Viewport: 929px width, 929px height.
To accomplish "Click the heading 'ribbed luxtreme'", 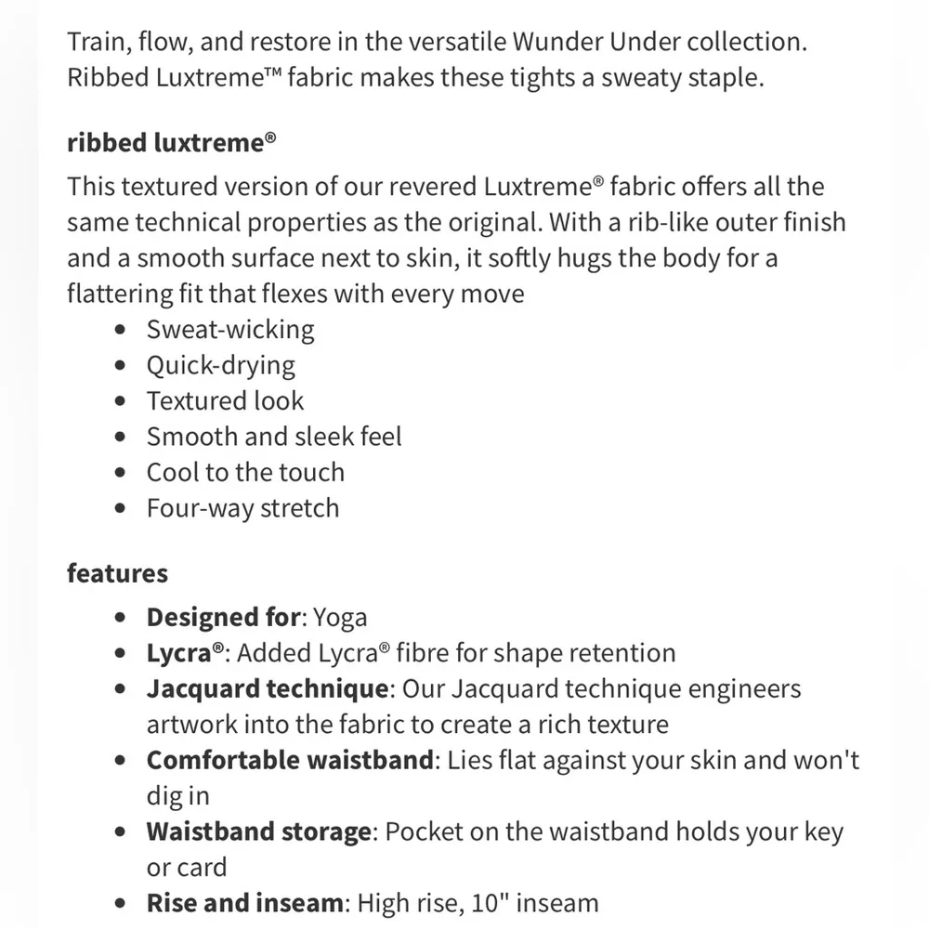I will (x=171, y=143).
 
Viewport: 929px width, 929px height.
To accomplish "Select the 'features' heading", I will (x=117, y=573).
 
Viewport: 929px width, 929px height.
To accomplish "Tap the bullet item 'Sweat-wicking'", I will (x=230, y=329).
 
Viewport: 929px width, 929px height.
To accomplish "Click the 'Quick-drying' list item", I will (x=220, y=365).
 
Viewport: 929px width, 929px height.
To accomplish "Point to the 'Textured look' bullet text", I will (x=225, y=400).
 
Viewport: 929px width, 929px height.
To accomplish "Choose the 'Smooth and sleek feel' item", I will (x=274, y=437).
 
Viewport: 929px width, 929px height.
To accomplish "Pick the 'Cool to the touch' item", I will (x=245, y=472).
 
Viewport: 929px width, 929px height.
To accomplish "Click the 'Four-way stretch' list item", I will (x=242, y=508).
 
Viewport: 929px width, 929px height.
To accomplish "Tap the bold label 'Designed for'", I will (x=223, y=617).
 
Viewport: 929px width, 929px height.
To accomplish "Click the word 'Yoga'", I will (x=340, y=617).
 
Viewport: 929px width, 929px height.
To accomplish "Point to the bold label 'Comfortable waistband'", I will (x=290, y=760).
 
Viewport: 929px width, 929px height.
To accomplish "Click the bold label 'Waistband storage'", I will (x=258, y=831).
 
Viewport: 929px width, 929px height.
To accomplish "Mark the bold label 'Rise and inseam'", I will (x=244, y=902).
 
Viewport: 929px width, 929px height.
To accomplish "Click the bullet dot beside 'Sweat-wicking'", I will (x=119, y=331).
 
